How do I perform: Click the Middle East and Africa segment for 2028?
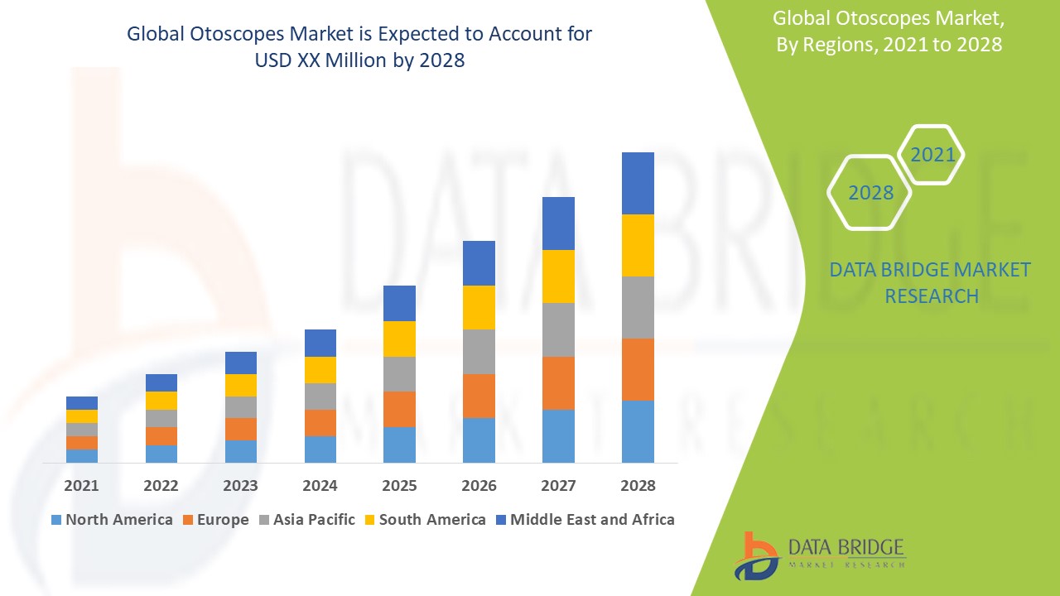pyautogui.click(x=638, y=183)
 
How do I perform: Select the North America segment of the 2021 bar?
pyautogui.click(x=82, y=455)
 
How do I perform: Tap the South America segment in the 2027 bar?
pyautogui.click(x=558, y=276)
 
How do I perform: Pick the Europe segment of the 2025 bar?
pyautogui.click(x=399, y=409)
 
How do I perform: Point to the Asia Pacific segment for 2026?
pyautogui.click(x=479, y=352)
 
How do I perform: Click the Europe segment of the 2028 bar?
pyautogui.click(x=638, y=369)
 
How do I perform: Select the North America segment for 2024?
pyautogui.click(x=320, y=449)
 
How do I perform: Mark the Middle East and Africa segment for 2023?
pyautogui.click(x=241, y=363)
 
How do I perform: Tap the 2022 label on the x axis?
pyautogui.click(x=161, y=486)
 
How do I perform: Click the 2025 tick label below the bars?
pyautogui.click(x=399, y=486)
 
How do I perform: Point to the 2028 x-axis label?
pyautogui.click(x=638, y=486)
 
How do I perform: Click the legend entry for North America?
pyautogui.click(x=112, y=520)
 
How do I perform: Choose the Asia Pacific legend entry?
pyautogui.click(x=307, y=520)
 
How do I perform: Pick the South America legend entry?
pyautogui.click(x=424, y=520)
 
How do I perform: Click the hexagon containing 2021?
pyautogui.click(x=932, y=155)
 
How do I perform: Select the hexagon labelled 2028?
pyautogui.click(x=870, y=193)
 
